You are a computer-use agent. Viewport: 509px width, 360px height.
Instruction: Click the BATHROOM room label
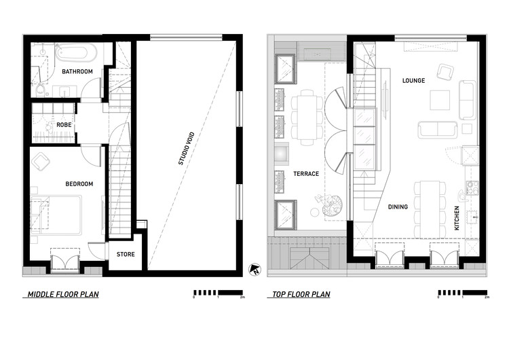click(77, 71)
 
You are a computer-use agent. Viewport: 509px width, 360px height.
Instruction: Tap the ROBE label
click(64, 125)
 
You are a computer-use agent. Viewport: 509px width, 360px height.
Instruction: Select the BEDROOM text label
click(79, 184)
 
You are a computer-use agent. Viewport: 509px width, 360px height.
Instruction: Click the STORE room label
click(126, 255)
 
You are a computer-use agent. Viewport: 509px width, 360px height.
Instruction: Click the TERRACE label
click(305, 174)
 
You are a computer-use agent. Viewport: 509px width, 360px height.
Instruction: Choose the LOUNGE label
click(413, 81)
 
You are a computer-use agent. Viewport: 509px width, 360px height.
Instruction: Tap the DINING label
click(398, 207)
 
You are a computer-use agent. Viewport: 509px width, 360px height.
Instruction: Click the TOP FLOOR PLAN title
click(301, 295)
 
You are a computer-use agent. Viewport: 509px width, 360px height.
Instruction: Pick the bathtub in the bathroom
click(76, 52)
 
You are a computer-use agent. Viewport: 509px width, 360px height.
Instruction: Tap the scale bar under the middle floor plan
click(218, 293)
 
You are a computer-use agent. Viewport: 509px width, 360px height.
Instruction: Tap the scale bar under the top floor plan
click(462, 293)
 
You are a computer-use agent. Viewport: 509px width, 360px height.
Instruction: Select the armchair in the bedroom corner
click(41, 160)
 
